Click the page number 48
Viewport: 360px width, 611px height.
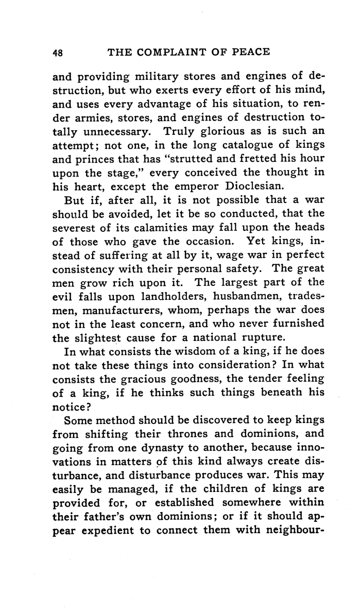tap(57, 53)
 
